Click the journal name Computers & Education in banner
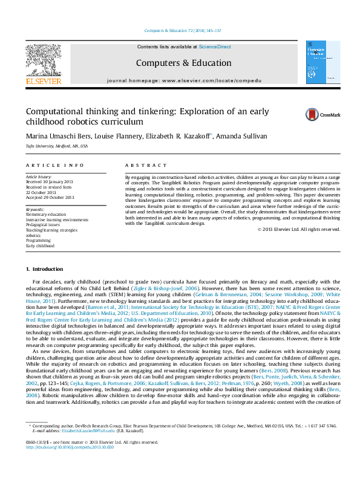coord(183,63)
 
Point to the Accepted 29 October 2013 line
coord(50,197)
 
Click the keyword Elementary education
coord(46,214)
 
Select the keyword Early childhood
coord(40,246)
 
